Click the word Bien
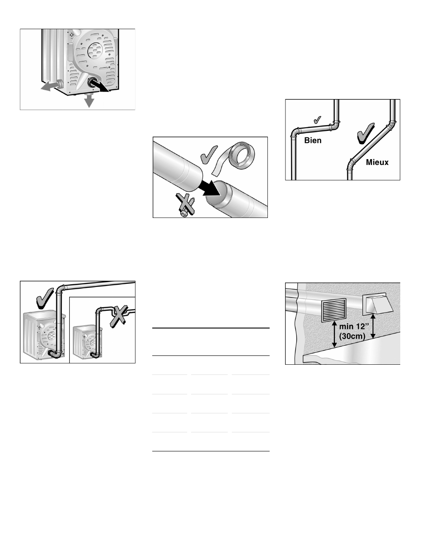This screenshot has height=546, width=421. point(313,141)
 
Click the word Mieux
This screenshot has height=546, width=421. point(377,162)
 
